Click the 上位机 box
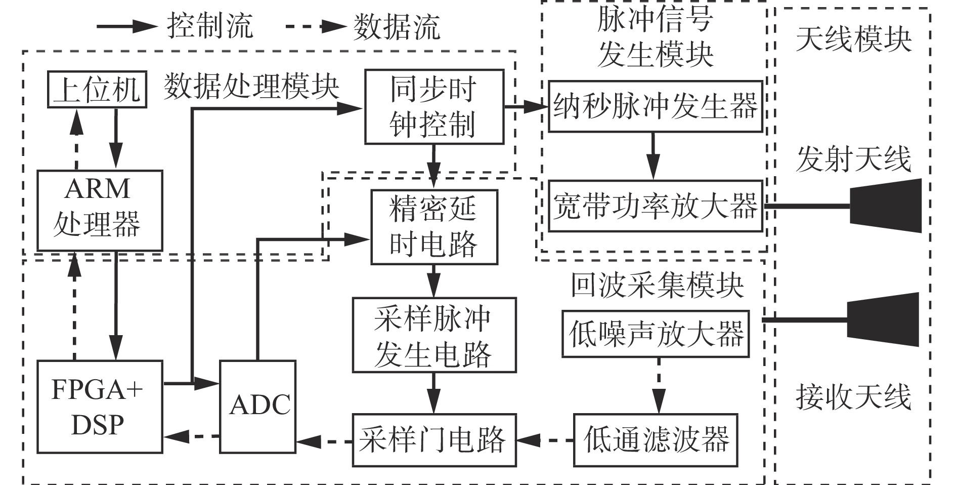pos(97,90)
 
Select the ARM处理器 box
pos(100,210)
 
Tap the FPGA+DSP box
pos(100,406)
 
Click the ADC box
pos(258,406)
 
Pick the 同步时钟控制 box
pos(434,107)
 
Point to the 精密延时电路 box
pos(434,227)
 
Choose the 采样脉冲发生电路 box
pos(434,335)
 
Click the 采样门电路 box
pos(434,439)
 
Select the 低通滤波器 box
pos(655,439)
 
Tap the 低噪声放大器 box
pos(656,334)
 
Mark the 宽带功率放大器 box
pos(656,206)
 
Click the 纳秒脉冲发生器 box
pos(656,106)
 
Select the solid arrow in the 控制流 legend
pos(126,26)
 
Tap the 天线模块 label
pos(853,39)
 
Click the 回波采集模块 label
pos(657,286)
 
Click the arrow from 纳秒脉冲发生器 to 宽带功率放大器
pos(654,156)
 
